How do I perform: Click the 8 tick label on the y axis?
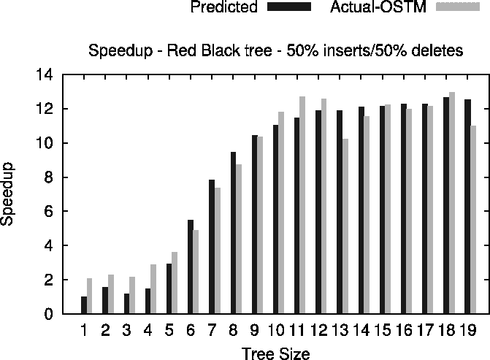[48, 177]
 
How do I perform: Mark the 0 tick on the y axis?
[48, 314]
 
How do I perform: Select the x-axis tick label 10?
[276, 331]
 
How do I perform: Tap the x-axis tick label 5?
[169, 331]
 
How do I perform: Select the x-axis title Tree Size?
[276, 354]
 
